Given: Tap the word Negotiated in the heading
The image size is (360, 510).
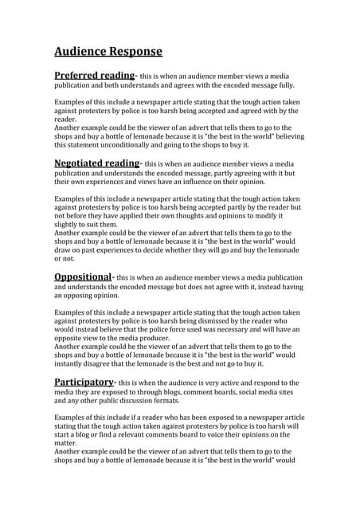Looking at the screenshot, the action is [80, 163].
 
